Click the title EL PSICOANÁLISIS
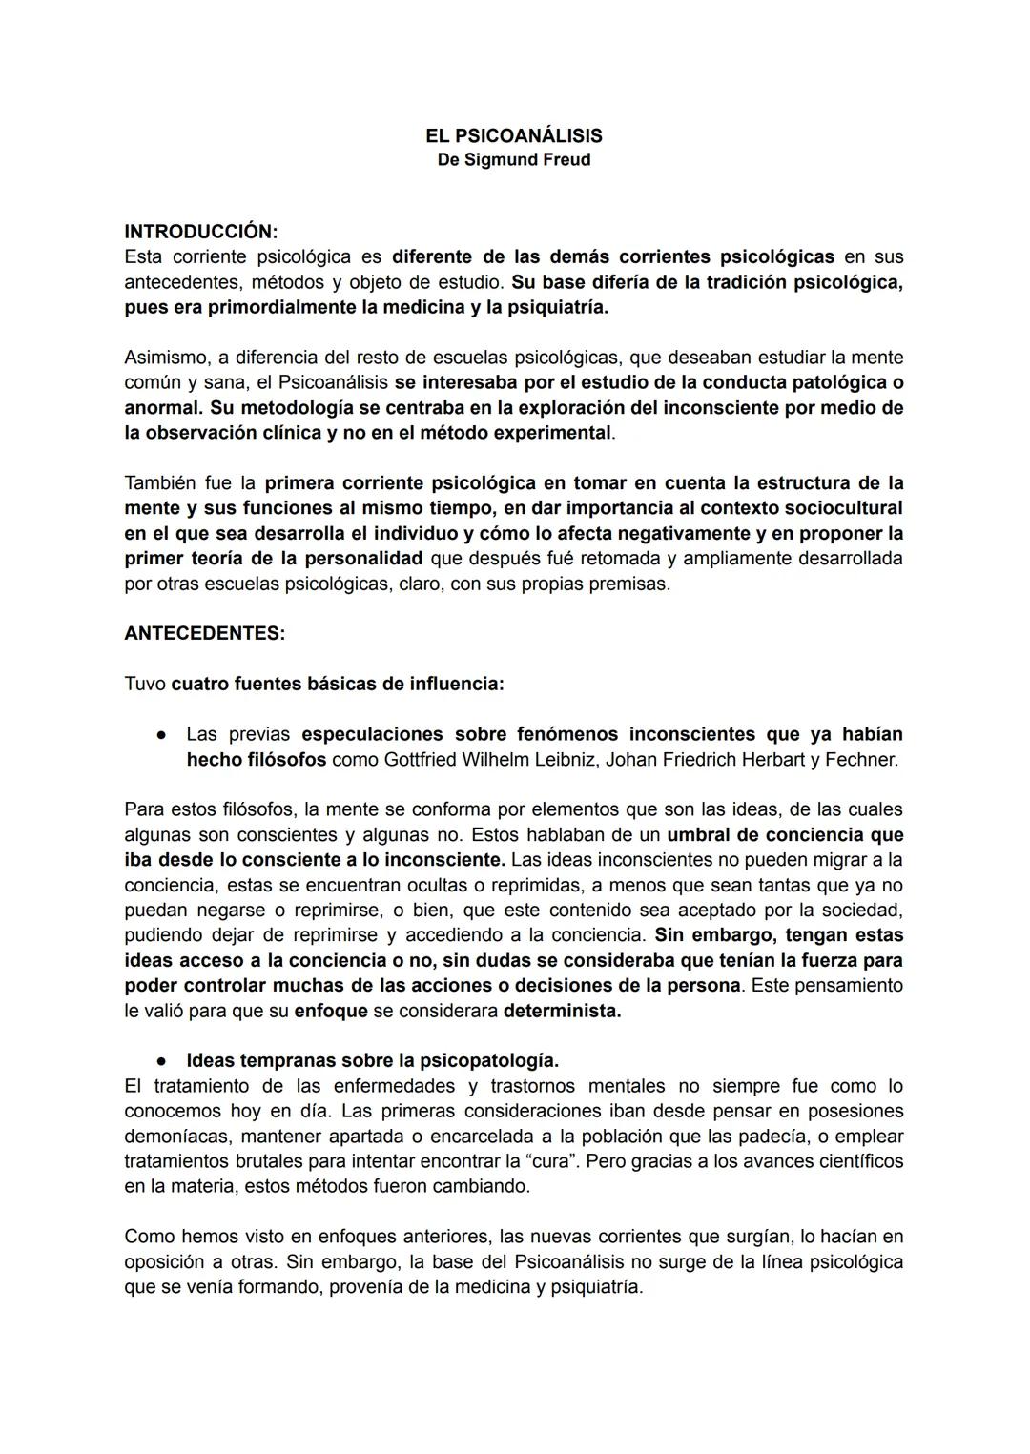pos(513,136)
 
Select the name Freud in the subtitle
pos(566,160)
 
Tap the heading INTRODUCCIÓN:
pos(201,232)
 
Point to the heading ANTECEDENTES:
pos(204,634)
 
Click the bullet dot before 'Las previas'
pos(164,735)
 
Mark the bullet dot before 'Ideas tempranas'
pos(164,1061)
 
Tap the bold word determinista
pos(562,1011)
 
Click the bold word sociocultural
pos(843,508)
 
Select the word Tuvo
pos(144,685)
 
